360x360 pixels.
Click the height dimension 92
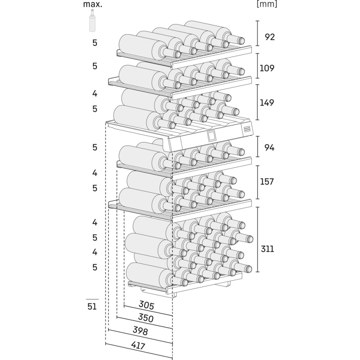point(270,37)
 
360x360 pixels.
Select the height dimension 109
point(267,68)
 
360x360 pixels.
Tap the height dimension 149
point(267,103)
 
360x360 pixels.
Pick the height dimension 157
point(267,182)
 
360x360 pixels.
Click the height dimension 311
point(267,249)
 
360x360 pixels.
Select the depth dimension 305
point(146,305)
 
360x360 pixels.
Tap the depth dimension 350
point(145,318)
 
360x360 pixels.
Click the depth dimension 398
point(140,331)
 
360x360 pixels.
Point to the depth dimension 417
point(138,346)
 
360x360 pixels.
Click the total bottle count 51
point(92,306)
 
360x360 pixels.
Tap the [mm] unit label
point(267,4)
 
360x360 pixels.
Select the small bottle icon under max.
point(92,21)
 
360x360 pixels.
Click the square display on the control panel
point(212,136)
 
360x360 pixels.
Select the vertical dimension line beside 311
point(258,239)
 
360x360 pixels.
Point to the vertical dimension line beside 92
point(258,33)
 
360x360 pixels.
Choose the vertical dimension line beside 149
point(258,102)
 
